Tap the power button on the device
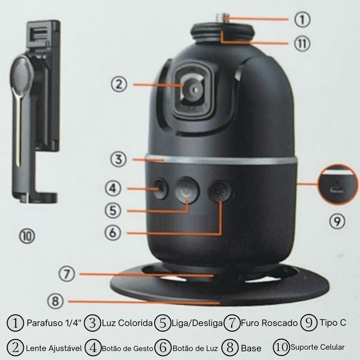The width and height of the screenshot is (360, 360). click(x=187, y=191)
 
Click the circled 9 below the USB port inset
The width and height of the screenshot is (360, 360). click(x=337, y=220)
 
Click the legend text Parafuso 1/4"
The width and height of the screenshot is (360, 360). click(x=53, y=323)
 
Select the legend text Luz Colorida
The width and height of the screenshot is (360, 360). click(x=127, y=323)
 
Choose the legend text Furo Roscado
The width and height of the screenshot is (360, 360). click(x=269, y=323)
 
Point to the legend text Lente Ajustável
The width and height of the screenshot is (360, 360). click(x=54, y=348)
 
